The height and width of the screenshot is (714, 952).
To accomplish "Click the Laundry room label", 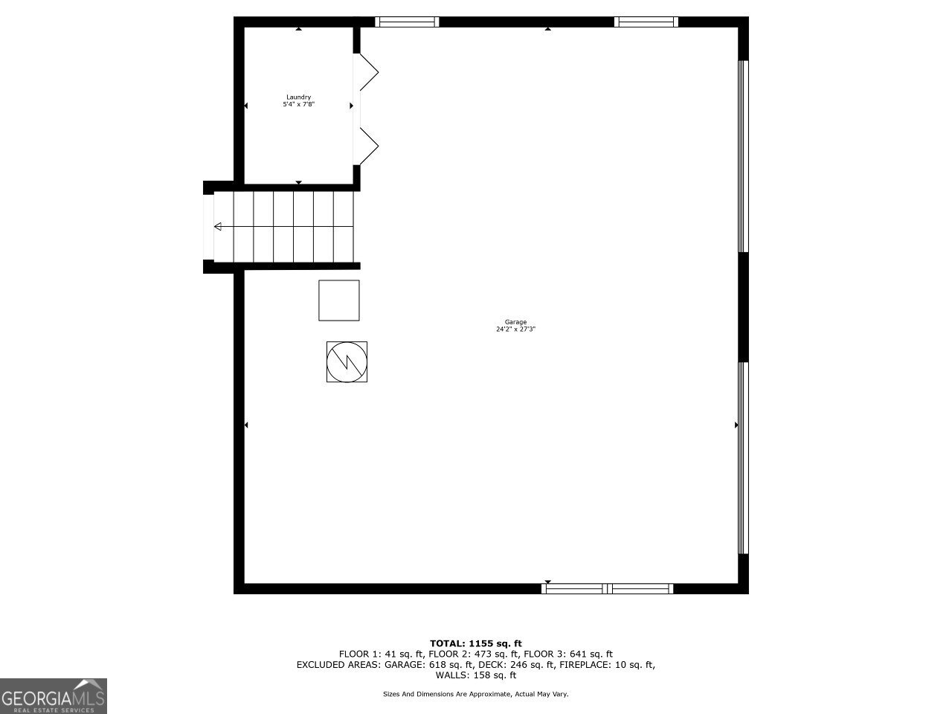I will [298, 97].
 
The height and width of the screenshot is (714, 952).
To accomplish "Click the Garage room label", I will [515, 322].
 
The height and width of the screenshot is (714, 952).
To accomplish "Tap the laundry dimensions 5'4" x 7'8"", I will [298, 105].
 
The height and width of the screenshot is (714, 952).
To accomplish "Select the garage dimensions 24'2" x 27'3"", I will [515, 329].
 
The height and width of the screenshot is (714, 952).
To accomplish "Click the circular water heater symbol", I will [347, 361].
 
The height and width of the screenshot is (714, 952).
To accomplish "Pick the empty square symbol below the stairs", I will [339, 300].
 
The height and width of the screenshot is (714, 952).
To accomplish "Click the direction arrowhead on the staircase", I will [218, 227].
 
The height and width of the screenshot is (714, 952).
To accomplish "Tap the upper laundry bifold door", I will [367, 73].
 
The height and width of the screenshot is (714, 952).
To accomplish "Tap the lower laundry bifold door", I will [367, 144].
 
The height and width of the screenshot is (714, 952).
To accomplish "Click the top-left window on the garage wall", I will [407, 22].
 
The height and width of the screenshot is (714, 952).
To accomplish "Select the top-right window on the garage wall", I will [646, 22].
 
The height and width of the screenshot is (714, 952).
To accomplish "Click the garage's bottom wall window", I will [608, 588].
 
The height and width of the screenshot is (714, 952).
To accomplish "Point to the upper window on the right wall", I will [742, 156].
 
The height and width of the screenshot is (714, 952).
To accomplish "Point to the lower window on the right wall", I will [742, 457].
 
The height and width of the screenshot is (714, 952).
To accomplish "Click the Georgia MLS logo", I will [54, 696].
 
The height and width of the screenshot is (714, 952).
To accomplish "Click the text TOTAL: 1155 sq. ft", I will [476, 643].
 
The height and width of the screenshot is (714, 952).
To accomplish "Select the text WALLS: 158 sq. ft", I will [476, 675].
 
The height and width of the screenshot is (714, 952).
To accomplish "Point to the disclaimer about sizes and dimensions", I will [476, 694].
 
